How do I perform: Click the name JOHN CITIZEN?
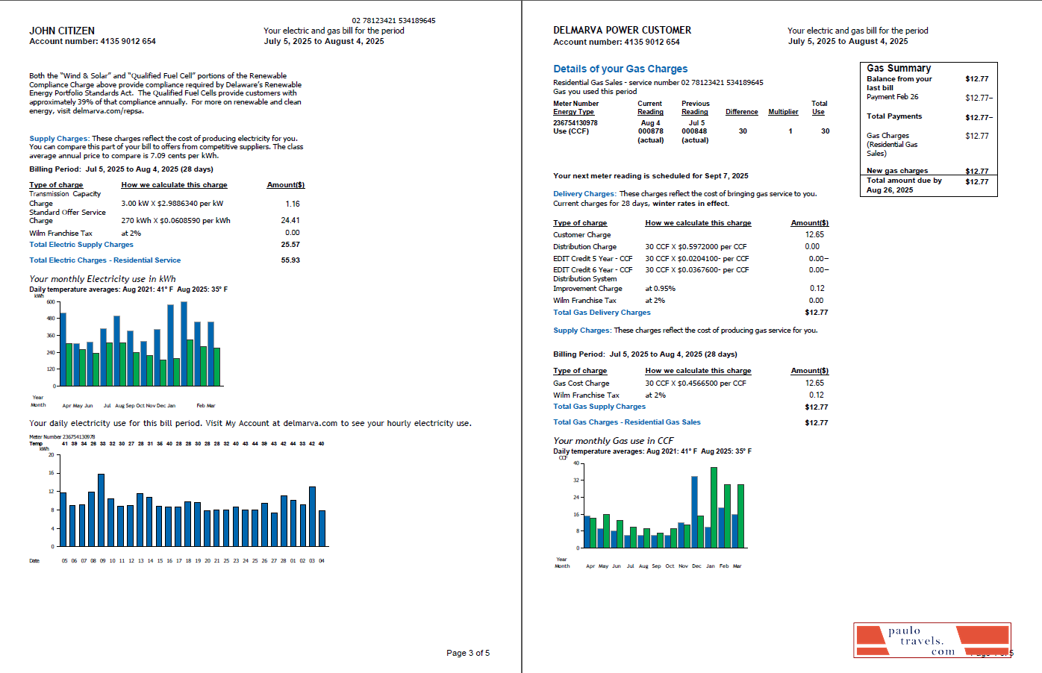(x=62, y=31)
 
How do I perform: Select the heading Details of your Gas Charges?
(x=620, y=69)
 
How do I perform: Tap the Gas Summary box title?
(x=899, y=68)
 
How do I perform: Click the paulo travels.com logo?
(x=932, y=640)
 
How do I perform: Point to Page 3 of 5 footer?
(x=468, y=653)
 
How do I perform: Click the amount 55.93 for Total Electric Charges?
(x=290, y=260)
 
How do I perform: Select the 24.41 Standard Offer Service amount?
(x=290, y=220)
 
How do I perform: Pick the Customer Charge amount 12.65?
(x=814, y=234)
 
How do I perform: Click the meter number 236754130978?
(x=575, y=122)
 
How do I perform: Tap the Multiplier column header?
(x=783, y=112)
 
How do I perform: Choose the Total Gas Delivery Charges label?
(x=602, y=313)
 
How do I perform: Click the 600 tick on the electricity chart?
(x=51, y=302)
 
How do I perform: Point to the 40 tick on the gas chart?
(x=575, y=463)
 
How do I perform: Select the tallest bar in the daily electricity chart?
(x=101, y=510)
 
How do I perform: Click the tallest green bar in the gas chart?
(x=714, y=507)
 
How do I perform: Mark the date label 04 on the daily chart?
(x=322, y=561)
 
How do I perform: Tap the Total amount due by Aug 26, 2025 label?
(x=904, y=185)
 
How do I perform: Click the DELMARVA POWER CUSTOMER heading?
(x=622, y=31)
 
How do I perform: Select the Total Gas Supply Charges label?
(x=599, y=407)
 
